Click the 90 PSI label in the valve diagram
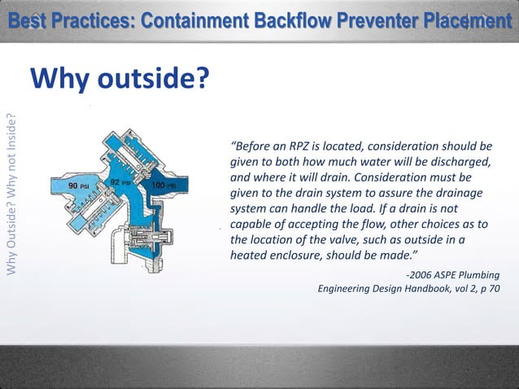coord(78,186)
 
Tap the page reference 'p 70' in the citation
coord(486,288)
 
